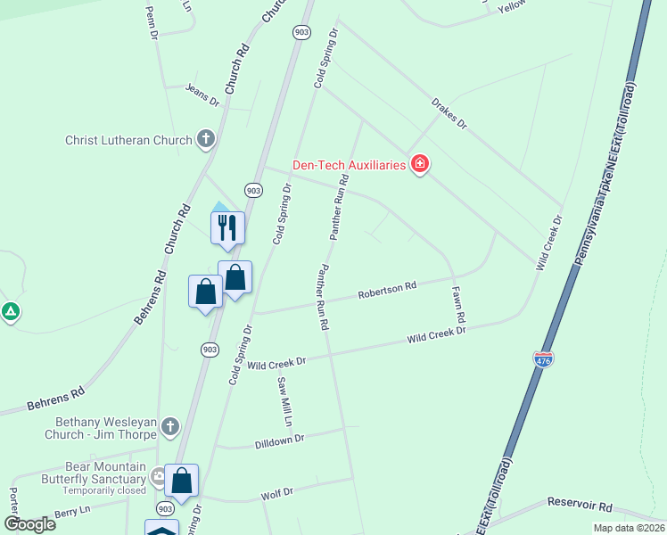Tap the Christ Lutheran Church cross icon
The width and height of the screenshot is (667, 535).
coord(206,139)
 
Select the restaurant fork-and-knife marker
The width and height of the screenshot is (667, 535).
coord(226,226)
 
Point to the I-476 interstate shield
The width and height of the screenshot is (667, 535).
coord(544,358)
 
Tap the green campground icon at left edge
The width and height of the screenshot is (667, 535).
coord(11,312)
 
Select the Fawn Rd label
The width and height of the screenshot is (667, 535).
coord(458,304)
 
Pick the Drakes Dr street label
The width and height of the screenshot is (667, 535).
coord(449,113)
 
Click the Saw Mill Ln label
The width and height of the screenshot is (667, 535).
coord(283,401)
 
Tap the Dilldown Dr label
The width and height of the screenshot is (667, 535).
coord(279,440)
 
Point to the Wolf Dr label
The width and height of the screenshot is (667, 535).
coord(276,492)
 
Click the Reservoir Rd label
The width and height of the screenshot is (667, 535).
coord(580,505)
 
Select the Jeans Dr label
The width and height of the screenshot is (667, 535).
coord(202,94)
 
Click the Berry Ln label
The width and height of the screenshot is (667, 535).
coord(72,510)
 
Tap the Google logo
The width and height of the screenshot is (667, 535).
coord(29,523)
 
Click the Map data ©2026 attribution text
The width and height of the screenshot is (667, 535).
coord(628,528)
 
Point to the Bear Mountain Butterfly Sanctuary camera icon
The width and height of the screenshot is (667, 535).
coord(159,474)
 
